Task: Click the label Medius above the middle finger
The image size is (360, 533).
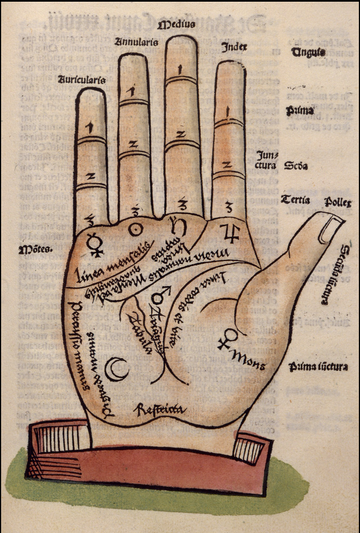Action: [x=176, y=25]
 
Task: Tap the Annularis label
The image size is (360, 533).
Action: [x=136, y=42]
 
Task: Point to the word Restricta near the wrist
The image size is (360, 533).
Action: [x=159, y=410]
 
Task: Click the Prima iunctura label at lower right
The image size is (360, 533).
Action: [x=319, y=367]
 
